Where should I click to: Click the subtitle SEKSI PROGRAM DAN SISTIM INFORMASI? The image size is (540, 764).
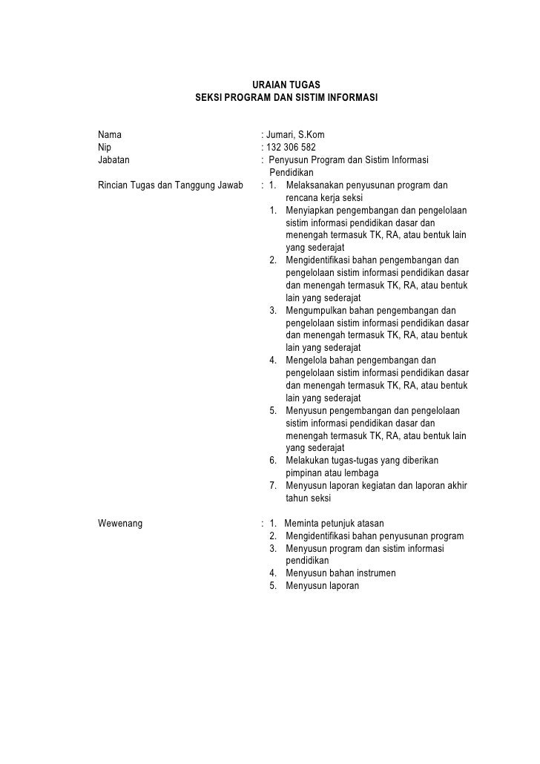286,98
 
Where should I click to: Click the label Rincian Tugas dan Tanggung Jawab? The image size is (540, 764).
171,185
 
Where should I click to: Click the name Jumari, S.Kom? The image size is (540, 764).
294,135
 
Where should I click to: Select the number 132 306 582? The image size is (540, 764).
294,147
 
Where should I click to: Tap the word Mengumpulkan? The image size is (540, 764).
319,310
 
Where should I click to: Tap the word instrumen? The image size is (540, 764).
374,573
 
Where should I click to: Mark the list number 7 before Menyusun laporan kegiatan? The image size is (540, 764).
274,486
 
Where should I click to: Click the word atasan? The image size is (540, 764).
366,523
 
